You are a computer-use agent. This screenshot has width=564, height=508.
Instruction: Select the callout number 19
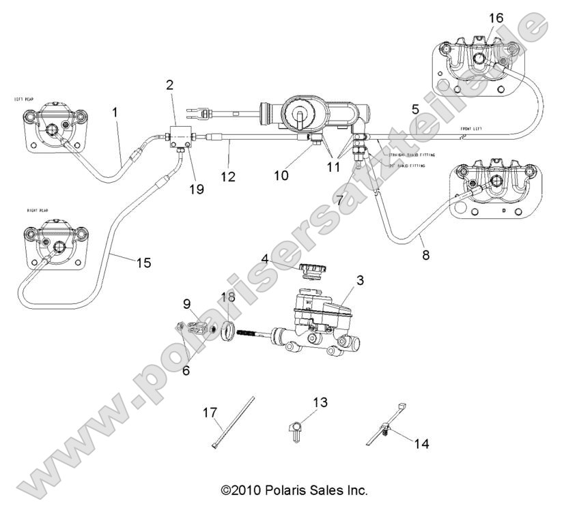(196, 190)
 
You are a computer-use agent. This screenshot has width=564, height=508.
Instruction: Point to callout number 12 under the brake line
(228, 177)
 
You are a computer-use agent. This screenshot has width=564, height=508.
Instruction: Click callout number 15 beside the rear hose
(143, 262)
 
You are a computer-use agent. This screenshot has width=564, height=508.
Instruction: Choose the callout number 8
(426, 256)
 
